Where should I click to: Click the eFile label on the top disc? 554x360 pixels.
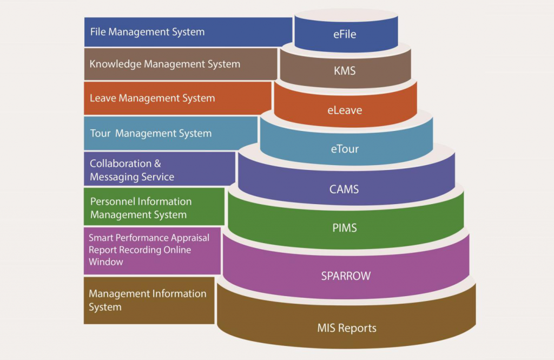(345, 35)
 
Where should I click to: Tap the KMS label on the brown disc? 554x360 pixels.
(345, 70)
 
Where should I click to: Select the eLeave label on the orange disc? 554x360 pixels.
(345, 110)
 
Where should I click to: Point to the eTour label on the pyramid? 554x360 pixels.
(345, 149)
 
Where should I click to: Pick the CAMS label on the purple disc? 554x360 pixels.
(344, 189)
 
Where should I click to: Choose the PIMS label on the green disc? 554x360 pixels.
(345, 228)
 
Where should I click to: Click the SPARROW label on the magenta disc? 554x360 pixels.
(346, 276)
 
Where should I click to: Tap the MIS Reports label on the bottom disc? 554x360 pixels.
(346, 328)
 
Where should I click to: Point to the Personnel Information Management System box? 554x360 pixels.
(154, 208)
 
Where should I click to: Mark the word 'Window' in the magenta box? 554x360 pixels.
(106, 262)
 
